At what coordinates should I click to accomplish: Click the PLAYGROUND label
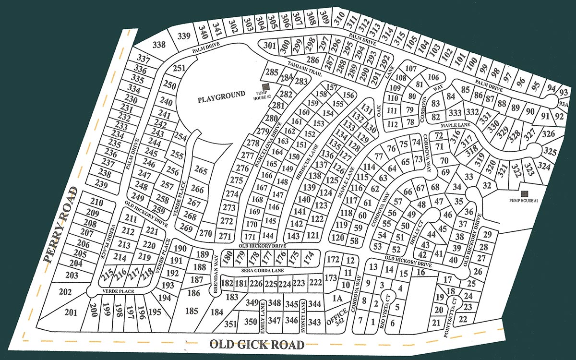(221, 95)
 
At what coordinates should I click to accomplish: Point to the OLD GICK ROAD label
(257, 345)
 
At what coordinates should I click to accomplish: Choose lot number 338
(159, 45)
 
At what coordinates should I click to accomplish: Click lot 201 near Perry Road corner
(71, 312)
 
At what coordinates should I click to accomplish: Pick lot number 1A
(337, 299)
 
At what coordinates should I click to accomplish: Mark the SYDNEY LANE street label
(303, 315)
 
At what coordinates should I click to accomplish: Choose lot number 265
(202, 171)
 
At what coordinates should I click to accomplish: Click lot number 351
(230, 324)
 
